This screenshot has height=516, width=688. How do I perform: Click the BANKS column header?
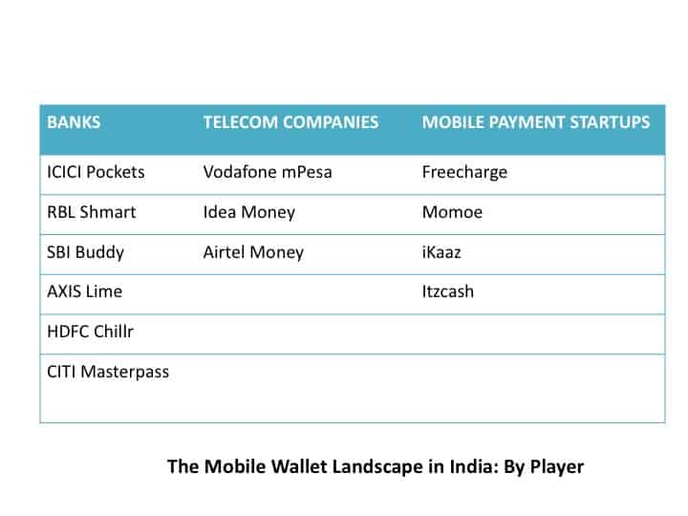pyautogui.click(x=74, y=122)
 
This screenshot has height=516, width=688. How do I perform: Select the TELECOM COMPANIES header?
pyautogui.click(x=290, y=122)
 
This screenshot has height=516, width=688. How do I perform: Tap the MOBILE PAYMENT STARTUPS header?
pyautogui.click(x=536, y=122)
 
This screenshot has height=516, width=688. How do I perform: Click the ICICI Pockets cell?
pyautogui.click(x=96, y=172)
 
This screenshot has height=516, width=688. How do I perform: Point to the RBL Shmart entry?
pyautogui.click(x=92, y=212)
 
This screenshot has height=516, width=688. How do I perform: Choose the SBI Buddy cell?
pyautogui.click(x=86, y=252)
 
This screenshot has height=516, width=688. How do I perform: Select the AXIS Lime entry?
pyautogui.click(x=85, y=291)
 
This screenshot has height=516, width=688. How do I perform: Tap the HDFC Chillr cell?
pyautogui.click(x=90, y=332)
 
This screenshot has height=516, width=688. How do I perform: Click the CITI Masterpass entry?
pyautogui.click(x=108, y=372)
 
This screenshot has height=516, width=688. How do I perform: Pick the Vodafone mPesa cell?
pyautogui.click(x=268, y=172)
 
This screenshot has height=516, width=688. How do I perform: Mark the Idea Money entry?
pyautogui.click(x=249, y=213)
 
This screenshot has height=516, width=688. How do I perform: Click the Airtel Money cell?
pyautogui.click(x=253, y=252)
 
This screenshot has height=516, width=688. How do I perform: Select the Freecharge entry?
pyautogui.click(x=464, y=173)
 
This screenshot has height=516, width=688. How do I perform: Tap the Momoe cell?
pyautogui.click(x=452, y=212)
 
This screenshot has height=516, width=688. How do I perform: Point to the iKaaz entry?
pyautogui.click(x=441, y=252)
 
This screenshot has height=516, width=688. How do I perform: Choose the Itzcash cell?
pyautogui.click(x=448, y=291)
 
